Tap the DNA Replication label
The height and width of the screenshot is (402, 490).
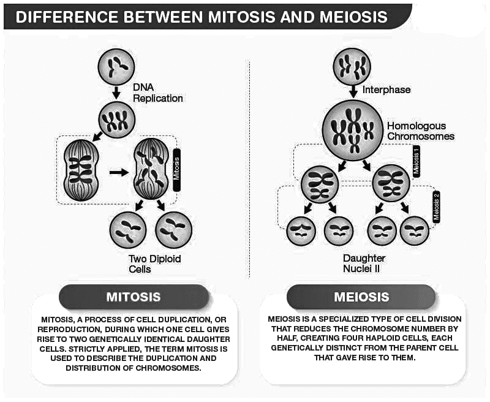tap(157, 93)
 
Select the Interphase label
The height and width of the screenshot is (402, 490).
tap(386, 89)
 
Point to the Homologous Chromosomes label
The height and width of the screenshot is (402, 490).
tap(420, 131)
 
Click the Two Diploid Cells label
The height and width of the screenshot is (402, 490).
tap(155, 264)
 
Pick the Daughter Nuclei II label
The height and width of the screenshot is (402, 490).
tap(365, 263)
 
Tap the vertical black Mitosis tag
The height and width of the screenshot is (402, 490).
tap(177, 169)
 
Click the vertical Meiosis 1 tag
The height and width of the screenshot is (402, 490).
tap(416, 161)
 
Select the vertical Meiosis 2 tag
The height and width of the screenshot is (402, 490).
tap(437, 206)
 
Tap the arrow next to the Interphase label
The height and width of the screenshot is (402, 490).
tap(353, 90)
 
